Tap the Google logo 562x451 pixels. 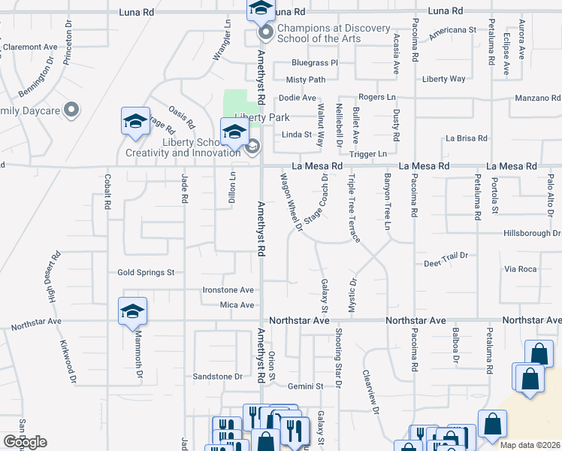click(x=25, y=442)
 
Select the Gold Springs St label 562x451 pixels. click(x=146, y=272)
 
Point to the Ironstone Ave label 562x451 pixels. click(x=228, y=290)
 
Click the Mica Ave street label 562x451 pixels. click(x=237, y=305)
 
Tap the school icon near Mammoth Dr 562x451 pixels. click(x=132, y=312)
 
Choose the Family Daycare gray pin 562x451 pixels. click(x=72, y=110)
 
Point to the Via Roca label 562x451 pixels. click(x=521, y=269)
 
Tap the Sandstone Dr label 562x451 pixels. click(x=219, y=376)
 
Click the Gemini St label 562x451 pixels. click(x=305, y=386)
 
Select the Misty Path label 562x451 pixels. click(x=305, y=80)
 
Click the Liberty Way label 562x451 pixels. click(x=443, y=79)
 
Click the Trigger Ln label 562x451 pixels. click(x=368, y=154)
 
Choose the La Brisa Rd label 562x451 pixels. click(x=467, y=138)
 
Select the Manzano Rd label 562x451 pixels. click(x=537, y=98)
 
